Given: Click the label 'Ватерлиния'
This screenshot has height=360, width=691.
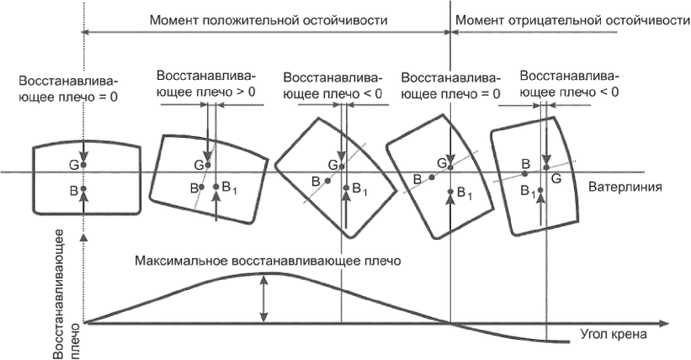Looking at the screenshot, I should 629,186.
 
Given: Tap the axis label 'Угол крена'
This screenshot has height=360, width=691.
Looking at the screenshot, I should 611,334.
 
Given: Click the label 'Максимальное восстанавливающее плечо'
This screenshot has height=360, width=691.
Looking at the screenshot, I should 268,261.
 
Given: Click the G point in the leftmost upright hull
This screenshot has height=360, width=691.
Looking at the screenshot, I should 84,165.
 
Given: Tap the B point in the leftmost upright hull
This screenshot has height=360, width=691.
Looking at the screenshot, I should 84,192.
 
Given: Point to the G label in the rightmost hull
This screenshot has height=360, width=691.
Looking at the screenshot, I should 555,178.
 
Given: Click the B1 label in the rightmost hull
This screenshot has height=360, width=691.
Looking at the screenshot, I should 528,192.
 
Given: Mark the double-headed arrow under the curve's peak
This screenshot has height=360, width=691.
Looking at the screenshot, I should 265,299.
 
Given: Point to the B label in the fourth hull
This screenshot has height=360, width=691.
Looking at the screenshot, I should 417,178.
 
